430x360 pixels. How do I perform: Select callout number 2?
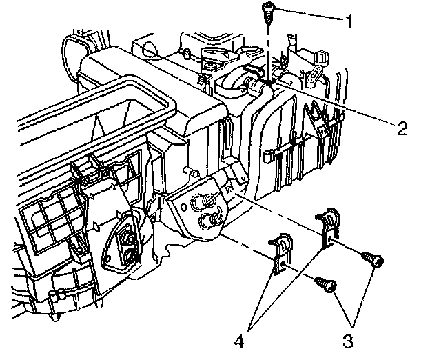pyautogui.click(x=402, y=128)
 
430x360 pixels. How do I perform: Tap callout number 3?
pyautogui.click(x=348, y=341)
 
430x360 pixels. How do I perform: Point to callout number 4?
pyautogui.click(x=239, y=341)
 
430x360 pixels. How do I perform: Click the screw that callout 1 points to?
pyautogui.click(x=267, y=13)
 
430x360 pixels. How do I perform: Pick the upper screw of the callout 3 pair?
pyautogui.click(x=372, y=259)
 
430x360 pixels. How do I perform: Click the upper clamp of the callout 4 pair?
pyautogui.click(x=329, y=227)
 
